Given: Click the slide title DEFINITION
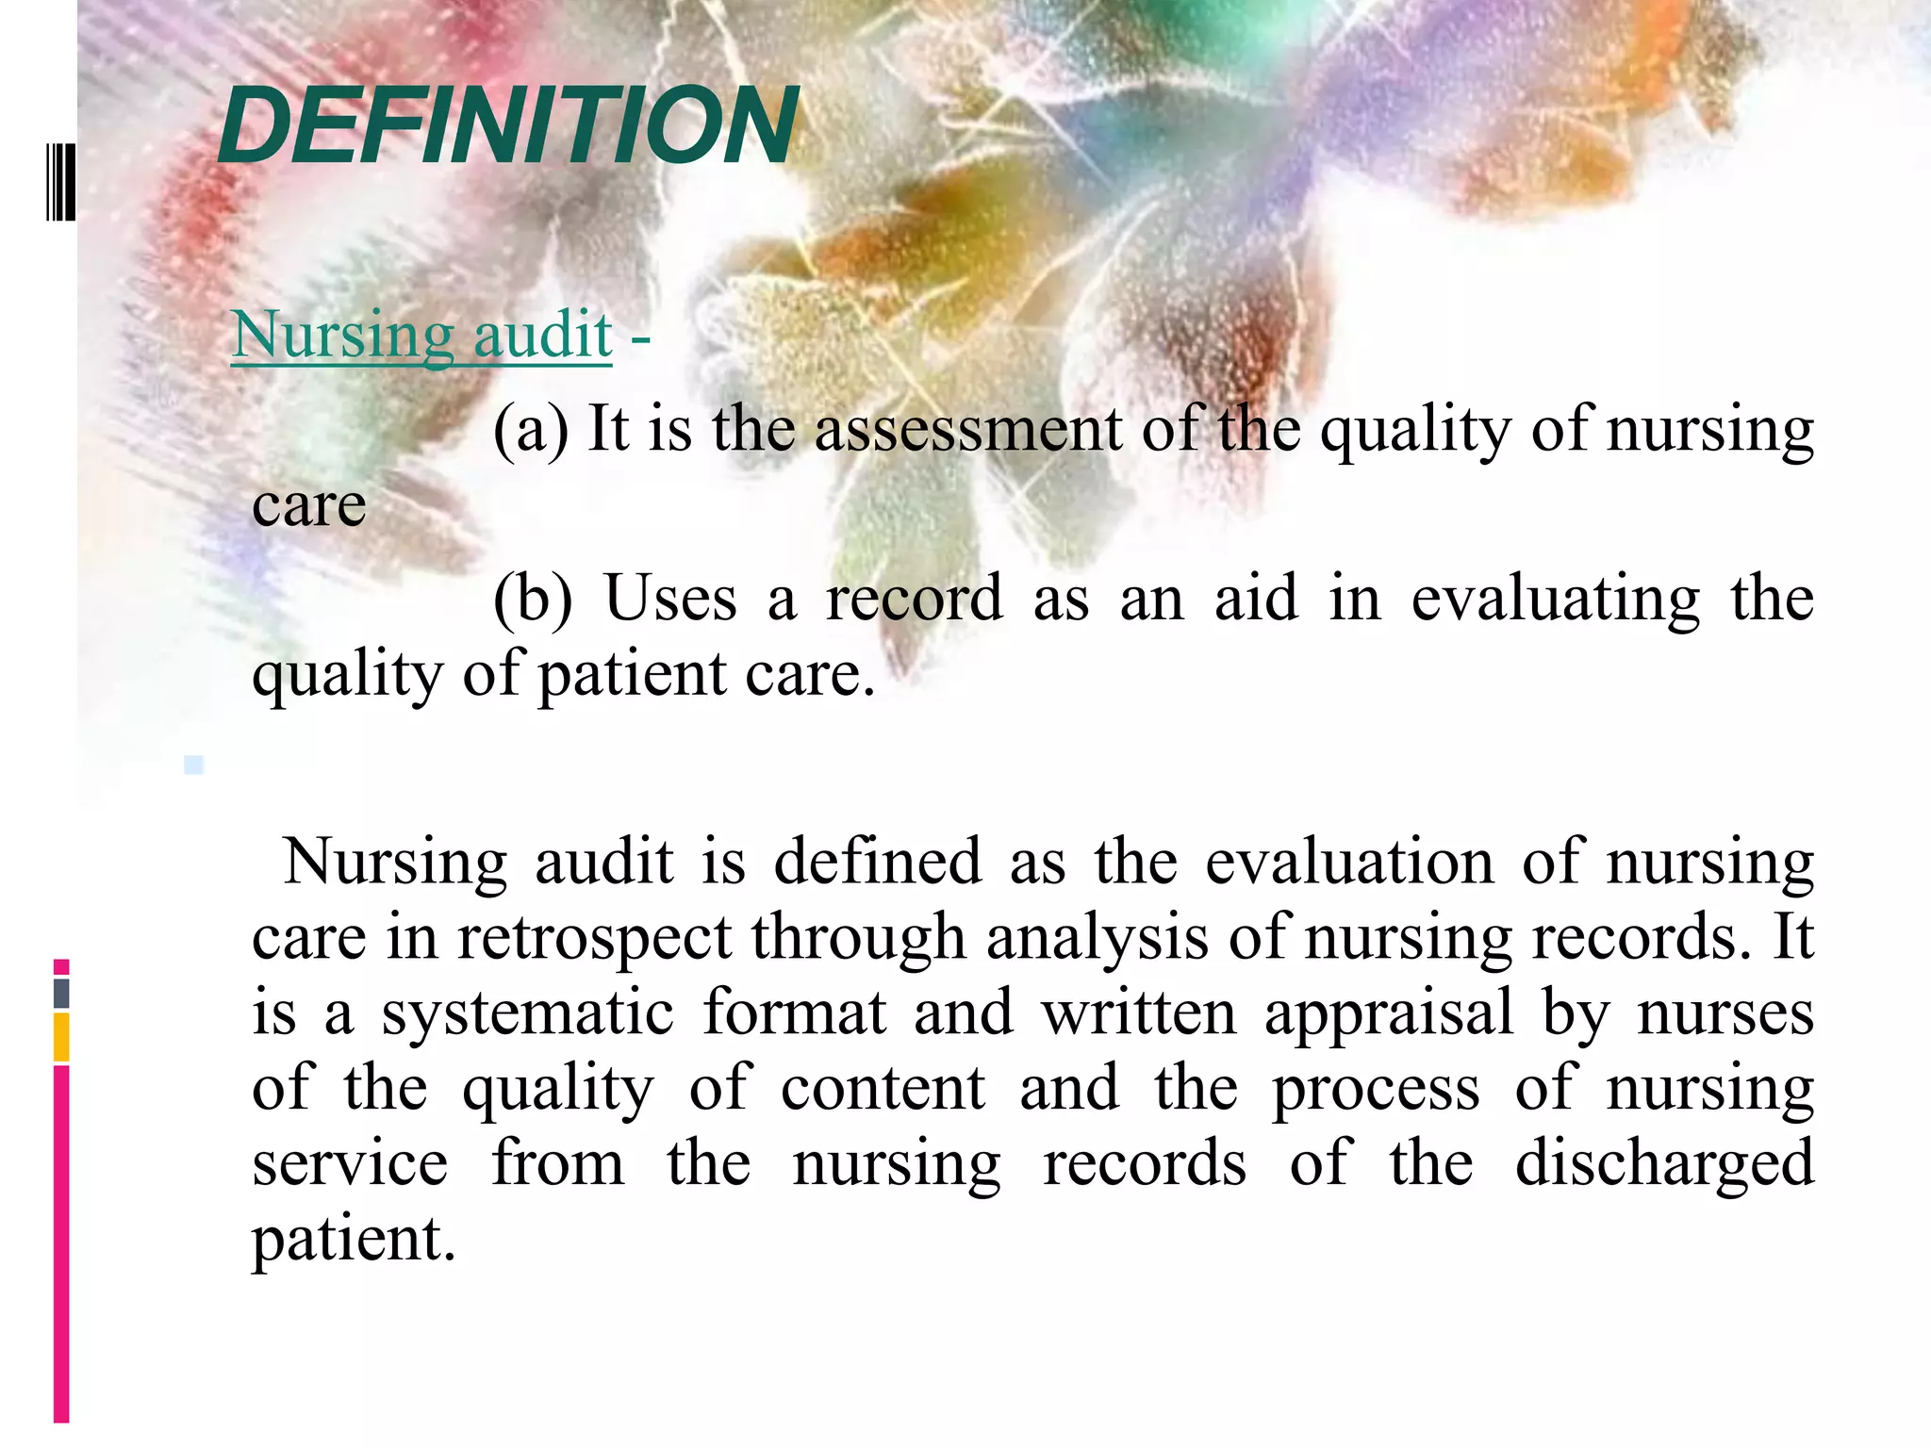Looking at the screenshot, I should click(x=508, y=125).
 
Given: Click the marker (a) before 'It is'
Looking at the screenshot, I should click(x=531, y=429).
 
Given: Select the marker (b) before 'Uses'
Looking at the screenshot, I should click(x=533, y=599).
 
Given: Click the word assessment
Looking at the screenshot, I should click(x=967, y=429).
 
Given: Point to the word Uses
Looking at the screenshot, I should click(x=670, y=599).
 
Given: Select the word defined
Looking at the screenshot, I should click(x=877, y=862).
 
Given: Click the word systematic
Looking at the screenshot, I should click(x=528, y=1013).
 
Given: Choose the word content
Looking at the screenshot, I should click(x=883, y=1088).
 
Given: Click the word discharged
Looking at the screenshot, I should click(x=1664, y=1163).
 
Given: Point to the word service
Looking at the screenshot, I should click(x=350, y=1163).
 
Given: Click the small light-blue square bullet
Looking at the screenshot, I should click(x=194, y=765).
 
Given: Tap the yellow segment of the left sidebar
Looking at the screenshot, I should click(x=61, y=1037).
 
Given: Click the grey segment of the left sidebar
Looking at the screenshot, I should click(x=61, y=993).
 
